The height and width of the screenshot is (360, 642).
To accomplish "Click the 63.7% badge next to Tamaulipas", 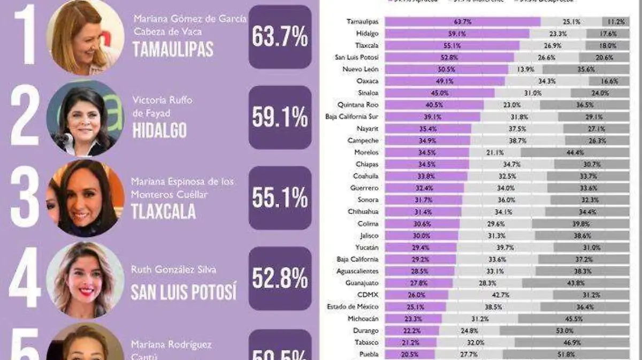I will click(x=280, y=37).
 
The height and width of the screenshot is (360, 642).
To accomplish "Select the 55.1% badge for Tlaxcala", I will click(x=280, y=198).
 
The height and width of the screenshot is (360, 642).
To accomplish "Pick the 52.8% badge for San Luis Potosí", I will click(x=280, y=278).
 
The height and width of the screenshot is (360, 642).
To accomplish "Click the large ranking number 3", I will click(x=25, y=198).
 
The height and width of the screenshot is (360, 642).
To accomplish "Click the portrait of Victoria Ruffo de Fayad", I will click(x=84, y=119).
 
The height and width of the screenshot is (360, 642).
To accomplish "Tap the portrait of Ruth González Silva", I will click(x=85, y=279).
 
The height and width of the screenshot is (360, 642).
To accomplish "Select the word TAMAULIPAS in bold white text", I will click(x=173, y=49).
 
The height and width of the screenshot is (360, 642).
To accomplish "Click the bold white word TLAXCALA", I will click(x=164, y=212).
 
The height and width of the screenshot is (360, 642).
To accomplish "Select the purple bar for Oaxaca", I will click(x=445, y=81).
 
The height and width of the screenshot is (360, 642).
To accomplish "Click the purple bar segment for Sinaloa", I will click(x=439, y=93).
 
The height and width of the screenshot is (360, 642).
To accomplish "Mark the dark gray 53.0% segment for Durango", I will click(x=561, y=330).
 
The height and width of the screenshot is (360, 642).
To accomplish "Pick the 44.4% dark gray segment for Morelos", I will click(x=575, y=152).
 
